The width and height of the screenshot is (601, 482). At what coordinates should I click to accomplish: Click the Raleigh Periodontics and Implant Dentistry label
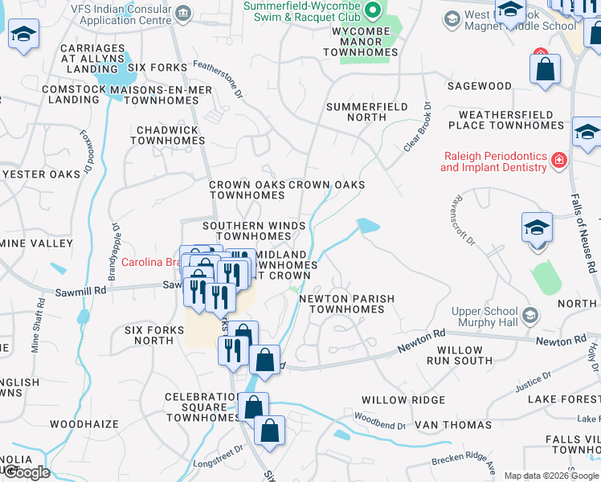pos(493,161)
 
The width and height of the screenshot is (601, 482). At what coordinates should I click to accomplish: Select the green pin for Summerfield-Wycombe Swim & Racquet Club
pos(371,10)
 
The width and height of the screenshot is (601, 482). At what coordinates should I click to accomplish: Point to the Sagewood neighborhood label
pos(480,86)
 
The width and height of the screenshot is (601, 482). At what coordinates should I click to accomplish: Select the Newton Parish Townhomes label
pos(347,304)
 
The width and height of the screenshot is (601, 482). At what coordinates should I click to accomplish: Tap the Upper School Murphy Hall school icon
pos(529,314)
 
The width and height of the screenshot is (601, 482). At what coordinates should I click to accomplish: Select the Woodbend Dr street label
pos(377,417)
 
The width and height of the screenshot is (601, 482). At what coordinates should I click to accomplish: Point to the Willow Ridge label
pos(403,400)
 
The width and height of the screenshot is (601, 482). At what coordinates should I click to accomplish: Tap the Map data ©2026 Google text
pos(550,476)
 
